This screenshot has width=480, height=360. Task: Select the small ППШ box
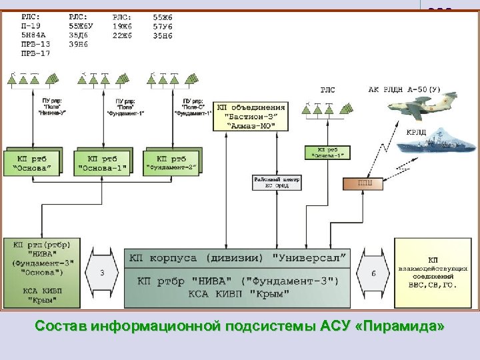(362, 182)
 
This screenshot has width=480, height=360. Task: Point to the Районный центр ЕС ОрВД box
(277, 182)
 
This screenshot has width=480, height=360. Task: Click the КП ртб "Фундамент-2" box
(171, 162)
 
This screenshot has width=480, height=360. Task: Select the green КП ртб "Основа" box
(31, 163)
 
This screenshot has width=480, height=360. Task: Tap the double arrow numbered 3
(101, 272)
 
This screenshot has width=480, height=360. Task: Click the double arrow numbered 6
(375, 272)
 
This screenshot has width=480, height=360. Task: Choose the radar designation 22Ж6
(123, 35)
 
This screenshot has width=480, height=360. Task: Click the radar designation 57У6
(163, 25)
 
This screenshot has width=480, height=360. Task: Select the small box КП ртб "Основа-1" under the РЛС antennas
(327, 152)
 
